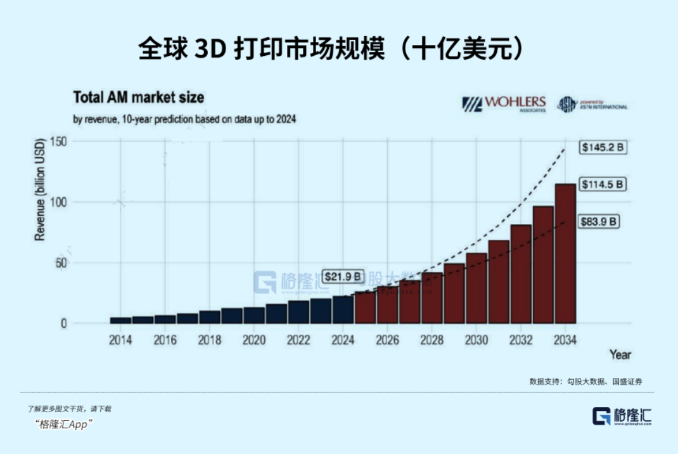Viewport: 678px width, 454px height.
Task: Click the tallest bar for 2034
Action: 565,254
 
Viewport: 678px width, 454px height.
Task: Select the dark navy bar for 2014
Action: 120,320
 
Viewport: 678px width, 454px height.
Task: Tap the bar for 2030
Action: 477,289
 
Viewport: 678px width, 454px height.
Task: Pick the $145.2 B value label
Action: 603,147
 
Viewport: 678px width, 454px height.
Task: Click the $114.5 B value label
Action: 603,185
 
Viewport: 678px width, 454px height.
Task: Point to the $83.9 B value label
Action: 599,222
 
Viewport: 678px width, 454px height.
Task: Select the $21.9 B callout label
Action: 342,276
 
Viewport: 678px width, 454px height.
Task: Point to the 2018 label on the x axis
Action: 209,340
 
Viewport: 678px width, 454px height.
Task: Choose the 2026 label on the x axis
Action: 387,340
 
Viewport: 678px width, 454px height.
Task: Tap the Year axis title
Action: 620,355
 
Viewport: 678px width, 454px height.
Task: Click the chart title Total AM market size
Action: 139,98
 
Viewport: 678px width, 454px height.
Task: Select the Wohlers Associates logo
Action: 495,104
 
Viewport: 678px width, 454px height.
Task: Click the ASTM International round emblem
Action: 567,104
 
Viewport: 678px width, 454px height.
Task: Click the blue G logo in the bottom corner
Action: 601,416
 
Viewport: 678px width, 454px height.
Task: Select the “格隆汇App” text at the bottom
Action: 65,424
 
